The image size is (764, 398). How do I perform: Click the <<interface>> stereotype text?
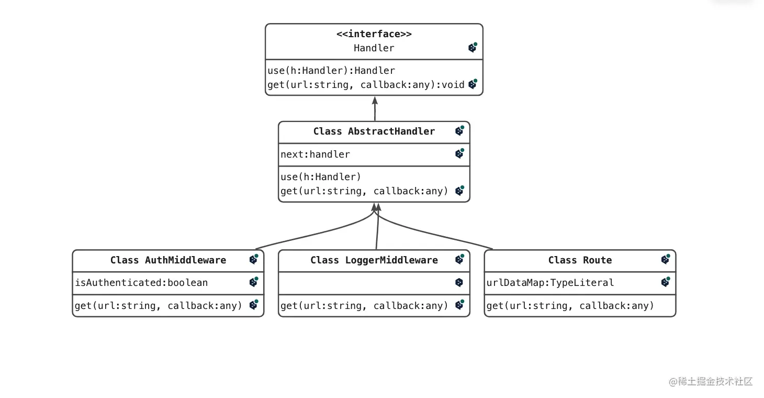click(374, 34)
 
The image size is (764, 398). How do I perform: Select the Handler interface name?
click(374, 48)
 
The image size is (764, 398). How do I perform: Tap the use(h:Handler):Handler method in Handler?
click(331, 71)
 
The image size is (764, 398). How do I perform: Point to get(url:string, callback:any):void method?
click(366, 85)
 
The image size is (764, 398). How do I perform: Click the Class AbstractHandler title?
click(374, 131)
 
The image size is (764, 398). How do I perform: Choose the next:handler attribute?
click(315, 154)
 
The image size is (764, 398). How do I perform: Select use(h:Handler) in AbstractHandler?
click(321, 177)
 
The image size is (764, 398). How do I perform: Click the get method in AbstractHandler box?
click(364, 191)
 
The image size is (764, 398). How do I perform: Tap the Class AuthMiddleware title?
click(168, 260)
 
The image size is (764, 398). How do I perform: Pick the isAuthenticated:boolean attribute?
click(141, 283)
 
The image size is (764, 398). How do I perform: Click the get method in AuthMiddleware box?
click(159, 306)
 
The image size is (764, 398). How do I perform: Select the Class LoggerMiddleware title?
click(374, 260)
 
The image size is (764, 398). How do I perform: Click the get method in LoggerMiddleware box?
click(364, 306)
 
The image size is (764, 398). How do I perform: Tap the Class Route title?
click(580, 260)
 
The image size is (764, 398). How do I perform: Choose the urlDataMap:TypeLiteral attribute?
click(550, 283)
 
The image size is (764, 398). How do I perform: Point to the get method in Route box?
click(570, 306)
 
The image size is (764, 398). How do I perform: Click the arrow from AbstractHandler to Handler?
click(375, 109)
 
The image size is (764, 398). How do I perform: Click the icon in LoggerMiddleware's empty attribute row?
click(459, 283)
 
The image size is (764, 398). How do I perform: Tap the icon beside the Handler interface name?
click(473, 48)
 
